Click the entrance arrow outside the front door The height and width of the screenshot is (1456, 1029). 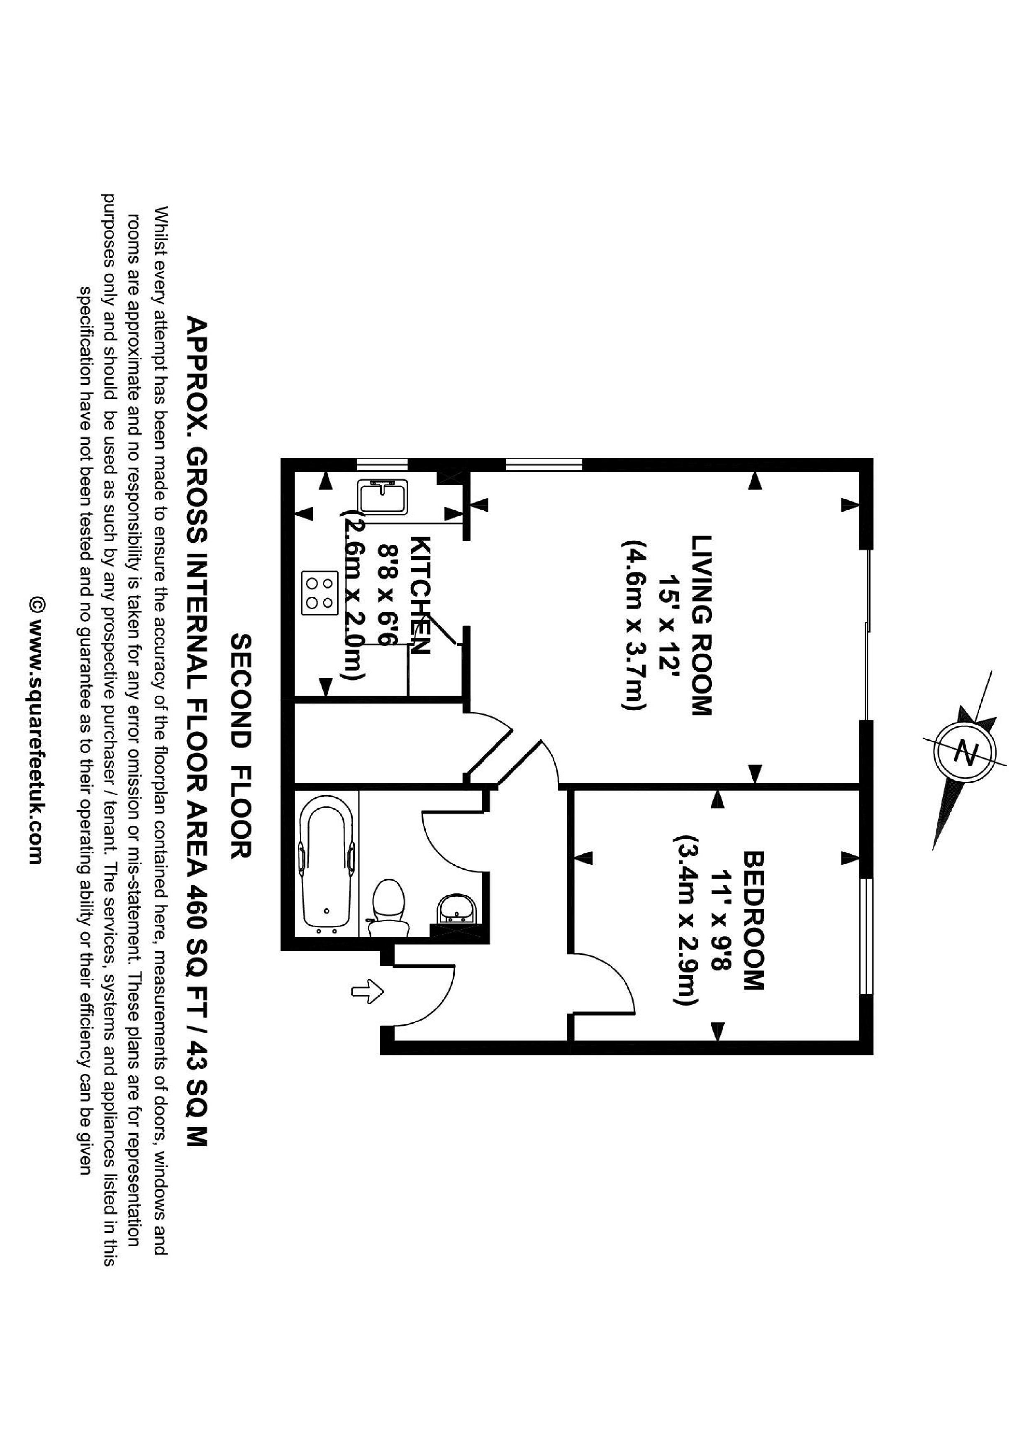(369, 991)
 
